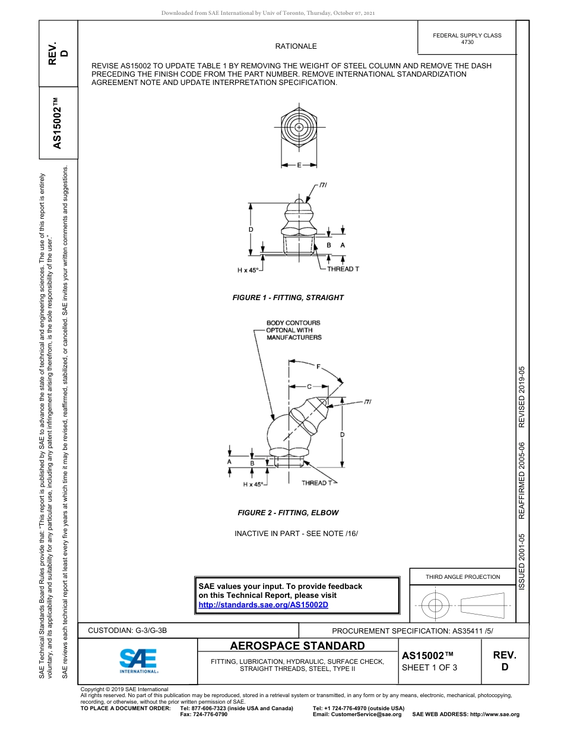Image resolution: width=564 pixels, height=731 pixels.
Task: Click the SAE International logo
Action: tap(138, 660)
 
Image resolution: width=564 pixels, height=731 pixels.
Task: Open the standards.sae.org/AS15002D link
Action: tap(263, 604)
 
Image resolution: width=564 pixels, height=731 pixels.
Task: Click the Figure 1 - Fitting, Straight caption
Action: tap(288, 297)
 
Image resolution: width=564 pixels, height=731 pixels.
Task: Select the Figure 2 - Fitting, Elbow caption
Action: tap(288, 512)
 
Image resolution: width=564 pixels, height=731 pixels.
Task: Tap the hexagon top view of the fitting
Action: tap(299, 128)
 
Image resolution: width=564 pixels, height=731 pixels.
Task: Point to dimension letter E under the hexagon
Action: tap(299, 165)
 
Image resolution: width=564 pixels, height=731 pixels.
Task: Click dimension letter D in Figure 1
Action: tap(251, 229)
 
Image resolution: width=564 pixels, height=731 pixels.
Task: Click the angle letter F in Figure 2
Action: tap(318, 367)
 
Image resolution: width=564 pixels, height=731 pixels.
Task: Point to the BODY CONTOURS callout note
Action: tap(293, 330)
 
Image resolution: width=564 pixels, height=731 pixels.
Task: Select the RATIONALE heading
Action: tap(296, 46)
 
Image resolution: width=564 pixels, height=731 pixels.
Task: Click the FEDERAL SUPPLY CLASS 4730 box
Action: tap(467, 39)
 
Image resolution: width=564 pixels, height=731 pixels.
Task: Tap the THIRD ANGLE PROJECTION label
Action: tap(462, 576)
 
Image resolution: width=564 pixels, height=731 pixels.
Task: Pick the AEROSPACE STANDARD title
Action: tap(297, 646)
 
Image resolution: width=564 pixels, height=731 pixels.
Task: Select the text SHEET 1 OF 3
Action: tap(429, 667)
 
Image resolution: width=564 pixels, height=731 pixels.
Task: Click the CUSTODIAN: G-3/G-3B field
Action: tap(132, 631)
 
